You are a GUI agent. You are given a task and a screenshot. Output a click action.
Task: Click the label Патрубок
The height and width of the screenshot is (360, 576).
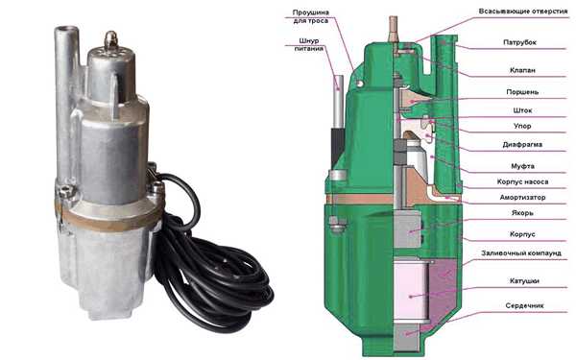(x=519, y=42)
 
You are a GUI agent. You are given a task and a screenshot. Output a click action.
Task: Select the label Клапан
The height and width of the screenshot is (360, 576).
(x=522, y=70)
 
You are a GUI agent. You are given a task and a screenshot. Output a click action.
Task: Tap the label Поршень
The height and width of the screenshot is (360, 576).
(x=522, y=92)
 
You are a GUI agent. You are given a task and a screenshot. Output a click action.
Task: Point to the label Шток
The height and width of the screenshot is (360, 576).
(x=522, y=110)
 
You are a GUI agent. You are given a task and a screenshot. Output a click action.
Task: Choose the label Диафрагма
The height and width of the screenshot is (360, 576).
(x=522, y=144)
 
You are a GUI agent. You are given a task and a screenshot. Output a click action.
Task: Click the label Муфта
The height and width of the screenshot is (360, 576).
(x=522, y=166)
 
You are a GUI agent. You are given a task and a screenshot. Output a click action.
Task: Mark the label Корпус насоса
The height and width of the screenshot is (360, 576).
(x=522, y=181)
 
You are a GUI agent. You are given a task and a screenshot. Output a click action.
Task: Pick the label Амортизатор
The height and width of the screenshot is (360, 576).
(x=522, y=197)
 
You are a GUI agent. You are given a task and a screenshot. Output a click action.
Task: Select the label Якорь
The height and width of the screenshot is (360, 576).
(x=522, y=213)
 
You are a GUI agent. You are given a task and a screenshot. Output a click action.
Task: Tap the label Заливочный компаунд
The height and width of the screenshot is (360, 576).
(x=521, y=253)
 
